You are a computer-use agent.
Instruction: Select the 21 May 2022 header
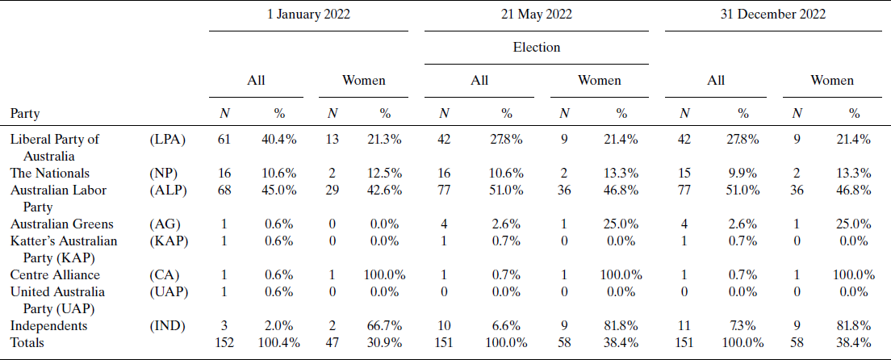[537, 14]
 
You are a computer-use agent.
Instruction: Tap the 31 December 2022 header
[772, 14]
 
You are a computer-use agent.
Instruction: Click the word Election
[537, 47]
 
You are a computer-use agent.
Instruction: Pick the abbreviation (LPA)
[168, 139]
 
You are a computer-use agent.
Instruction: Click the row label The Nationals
[49, 173]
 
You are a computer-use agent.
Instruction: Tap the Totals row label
[28, 343]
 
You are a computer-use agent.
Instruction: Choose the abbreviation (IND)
[168, 326]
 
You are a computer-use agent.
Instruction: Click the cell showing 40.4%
[278, 139]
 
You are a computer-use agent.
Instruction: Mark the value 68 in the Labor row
[224, 190]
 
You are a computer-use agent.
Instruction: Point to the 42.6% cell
[385, 190]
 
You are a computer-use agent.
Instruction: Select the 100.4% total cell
[278, 343]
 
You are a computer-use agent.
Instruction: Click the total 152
[224, 343]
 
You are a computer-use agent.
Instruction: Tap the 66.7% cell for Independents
[385, 326]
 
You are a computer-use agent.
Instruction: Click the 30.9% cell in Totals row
[385, 343]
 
